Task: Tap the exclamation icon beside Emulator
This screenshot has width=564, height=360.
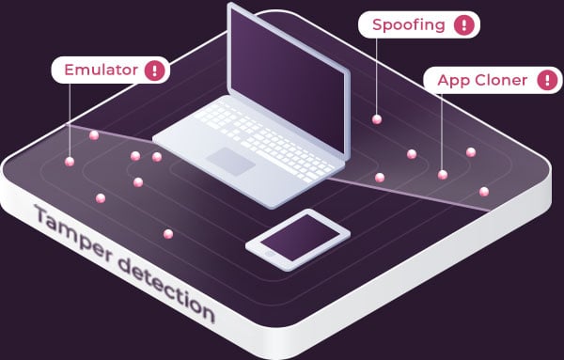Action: coord(154,70)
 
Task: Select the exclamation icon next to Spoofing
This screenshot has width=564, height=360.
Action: coord(464,25)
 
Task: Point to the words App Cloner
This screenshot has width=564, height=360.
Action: coord(481,80)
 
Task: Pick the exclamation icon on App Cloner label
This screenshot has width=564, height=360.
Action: coord(544,81)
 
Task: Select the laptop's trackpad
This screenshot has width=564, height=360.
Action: coord(231,160)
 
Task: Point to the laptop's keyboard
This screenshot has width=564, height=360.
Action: coord(263,132)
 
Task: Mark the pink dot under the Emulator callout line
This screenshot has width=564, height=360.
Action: coord(70,162)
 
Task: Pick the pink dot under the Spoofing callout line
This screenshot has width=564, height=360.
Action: coord(377,119)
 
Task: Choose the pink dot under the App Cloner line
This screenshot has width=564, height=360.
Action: coord(442,174)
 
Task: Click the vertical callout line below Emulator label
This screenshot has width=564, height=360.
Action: coord(70,122)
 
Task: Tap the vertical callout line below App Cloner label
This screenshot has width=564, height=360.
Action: coord(442,132)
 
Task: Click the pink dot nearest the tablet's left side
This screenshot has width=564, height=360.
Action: coord(168,233)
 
